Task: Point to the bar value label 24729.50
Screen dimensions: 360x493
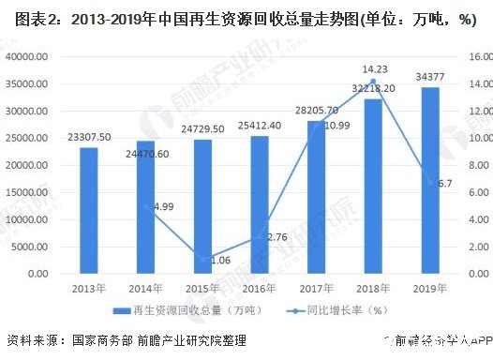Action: [x=202, y=126]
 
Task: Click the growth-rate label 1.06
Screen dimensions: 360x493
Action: [x=221, y=260]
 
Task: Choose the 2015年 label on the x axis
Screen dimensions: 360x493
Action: [x=202, y=288]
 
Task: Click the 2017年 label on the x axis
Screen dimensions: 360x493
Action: [x=317, y=288]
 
